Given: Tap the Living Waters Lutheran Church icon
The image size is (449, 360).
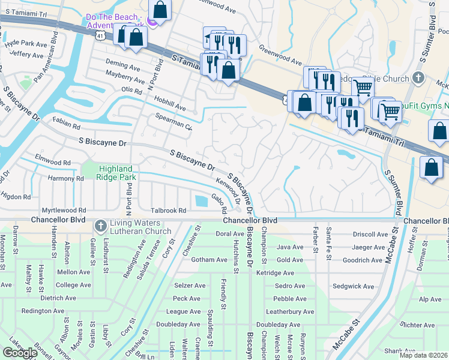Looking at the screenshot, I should click(100, 227).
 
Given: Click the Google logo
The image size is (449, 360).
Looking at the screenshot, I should click(20, 353).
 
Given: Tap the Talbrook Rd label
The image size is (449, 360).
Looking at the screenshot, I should click(169, 211).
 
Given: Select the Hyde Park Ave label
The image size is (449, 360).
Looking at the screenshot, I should click(25, 44).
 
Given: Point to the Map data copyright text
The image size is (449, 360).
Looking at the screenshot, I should click(423, 355).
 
